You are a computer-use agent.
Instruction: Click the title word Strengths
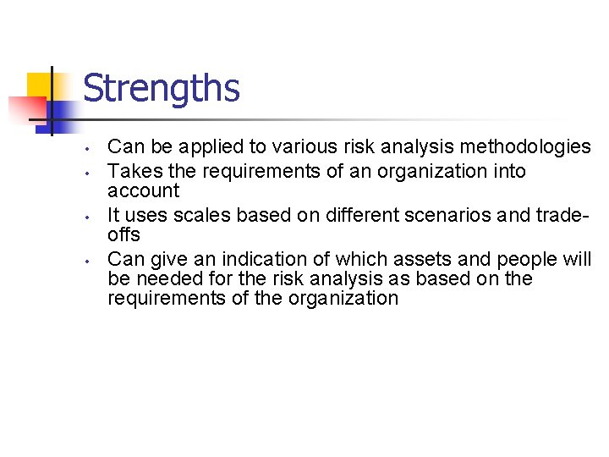(162, 89)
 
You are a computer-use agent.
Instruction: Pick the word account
(144, 190)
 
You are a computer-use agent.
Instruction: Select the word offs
(124, 234)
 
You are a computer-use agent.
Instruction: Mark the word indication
(268, 259)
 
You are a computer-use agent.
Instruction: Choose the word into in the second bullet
(507, 171)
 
